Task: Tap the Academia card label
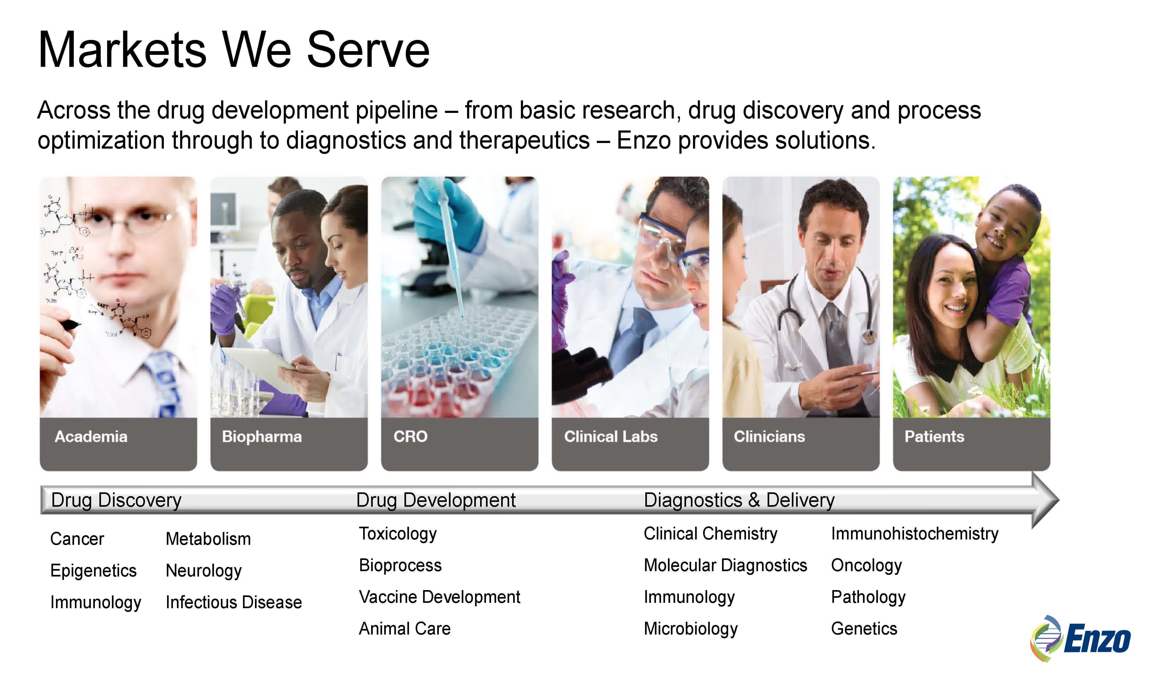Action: [91, 436]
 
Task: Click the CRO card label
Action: [411, 436]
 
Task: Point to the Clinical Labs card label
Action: [611, 436]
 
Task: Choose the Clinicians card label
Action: [769, 436]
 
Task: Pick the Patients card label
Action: [934, 436]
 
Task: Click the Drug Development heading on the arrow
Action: [436, 500]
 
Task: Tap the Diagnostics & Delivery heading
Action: [739, 500]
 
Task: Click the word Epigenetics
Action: [94, 571]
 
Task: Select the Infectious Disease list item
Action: [233, 602]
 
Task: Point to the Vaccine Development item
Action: [440, 597]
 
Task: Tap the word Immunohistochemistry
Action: [915, 534]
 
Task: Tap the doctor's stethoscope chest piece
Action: [867, 337]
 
